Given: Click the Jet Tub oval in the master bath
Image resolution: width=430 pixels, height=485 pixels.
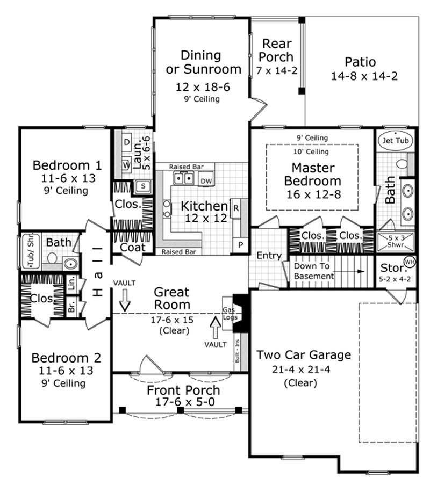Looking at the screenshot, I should coord(395,140).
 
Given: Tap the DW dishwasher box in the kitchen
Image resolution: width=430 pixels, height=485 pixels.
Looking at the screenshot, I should coord(206,181).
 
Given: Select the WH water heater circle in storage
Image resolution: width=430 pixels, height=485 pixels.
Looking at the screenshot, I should coord(409,262).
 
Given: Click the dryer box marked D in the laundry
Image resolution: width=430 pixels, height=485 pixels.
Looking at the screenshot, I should coord(126,142).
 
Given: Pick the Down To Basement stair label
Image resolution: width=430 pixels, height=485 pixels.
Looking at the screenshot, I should coord(314,271).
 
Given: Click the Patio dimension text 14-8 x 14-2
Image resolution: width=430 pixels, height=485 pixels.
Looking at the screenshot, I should coord(364,76).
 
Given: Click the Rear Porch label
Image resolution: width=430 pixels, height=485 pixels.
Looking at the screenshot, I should coord(277,50).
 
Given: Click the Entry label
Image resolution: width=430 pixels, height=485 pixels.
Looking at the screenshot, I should coord(268,256).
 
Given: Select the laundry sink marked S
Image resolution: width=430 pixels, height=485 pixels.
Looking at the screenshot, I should coord(143,186).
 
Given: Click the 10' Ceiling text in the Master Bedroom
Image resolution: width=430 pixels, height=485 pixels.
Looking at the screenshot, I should coord(312,152).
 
